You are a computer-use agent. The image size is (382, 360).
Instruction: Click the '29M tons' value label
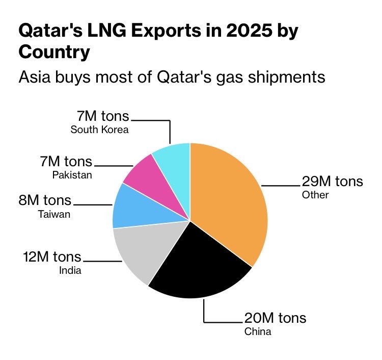332,182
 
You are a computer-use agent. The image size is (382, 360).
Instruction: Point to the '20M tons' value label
275,318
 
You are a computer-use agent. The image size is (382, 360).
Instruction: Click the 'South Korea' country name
100,130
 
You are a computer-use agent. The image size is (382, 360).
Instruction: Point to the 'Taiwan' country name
54,214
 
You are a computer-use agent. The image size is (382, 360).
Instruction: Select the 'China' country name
258,332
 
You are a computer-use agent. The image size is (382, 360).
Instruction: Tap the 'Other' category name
316,195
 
